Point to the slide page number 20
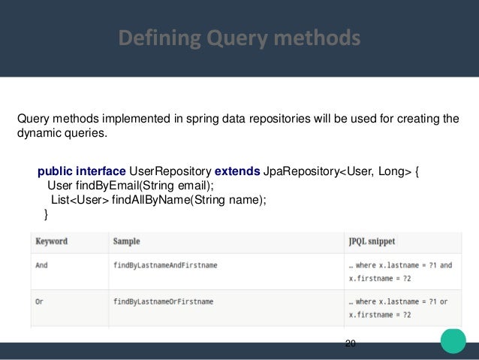pos(351,343)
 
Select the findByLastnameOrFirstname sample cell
pos(162,301)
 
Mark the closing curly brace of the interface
pos(47,214)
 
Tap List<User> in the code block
pos(79,200)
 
